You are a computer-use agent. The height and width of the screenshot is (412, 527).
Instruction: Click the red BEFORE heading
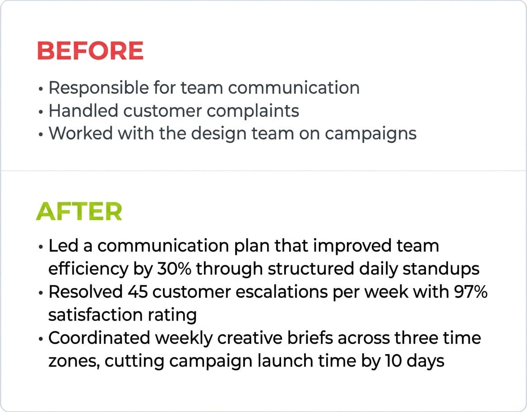click(x=90, y=51)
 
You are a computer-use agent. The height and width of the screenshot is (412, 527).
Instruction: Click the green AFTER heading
click(x=79, y=211)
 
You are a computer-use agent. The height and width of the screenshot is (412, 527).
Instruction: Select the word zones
click(x=68, y=361)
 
